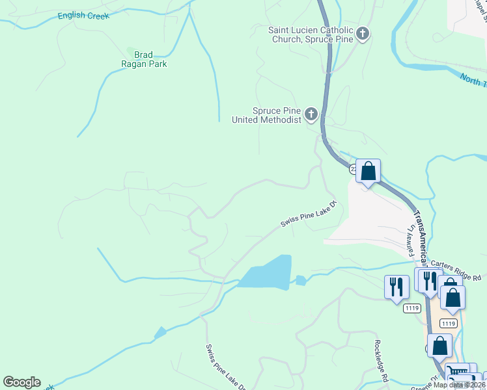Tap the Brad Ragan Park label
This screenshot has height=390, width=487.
[146, 59]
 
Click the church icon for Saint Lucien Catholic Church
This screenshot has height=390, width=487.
[362, 34]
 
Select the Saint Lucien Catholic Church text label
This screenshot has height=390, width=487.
[311, 34]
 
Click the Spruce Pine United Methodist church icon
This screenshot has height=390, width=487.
[311, 115]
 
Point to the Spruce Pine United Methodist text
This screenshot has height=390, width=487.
[267, 115]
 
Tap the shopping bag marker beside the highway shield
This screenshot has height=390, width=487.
[368, 172]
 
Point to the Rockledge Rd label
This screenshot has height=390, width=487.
[382, 361]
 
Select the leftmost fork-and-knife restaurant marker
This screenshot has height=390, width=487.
[396, 286]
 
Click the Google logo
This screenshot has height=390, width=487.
[22, 382]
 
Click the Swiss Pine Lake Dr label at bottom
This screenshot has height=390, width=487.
[225, 368]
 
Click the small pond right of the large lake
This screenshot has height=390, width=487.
[300, 281]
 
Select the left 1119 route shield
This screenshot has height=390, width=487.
[411, 308]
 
